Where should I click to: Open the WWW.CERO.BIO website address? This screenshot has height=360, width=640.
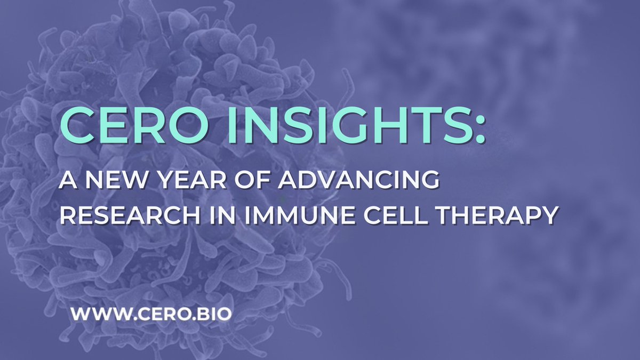(x=151, y=313)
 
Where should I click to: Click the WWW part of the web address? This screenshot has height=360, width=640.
(x=94, y=313)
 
